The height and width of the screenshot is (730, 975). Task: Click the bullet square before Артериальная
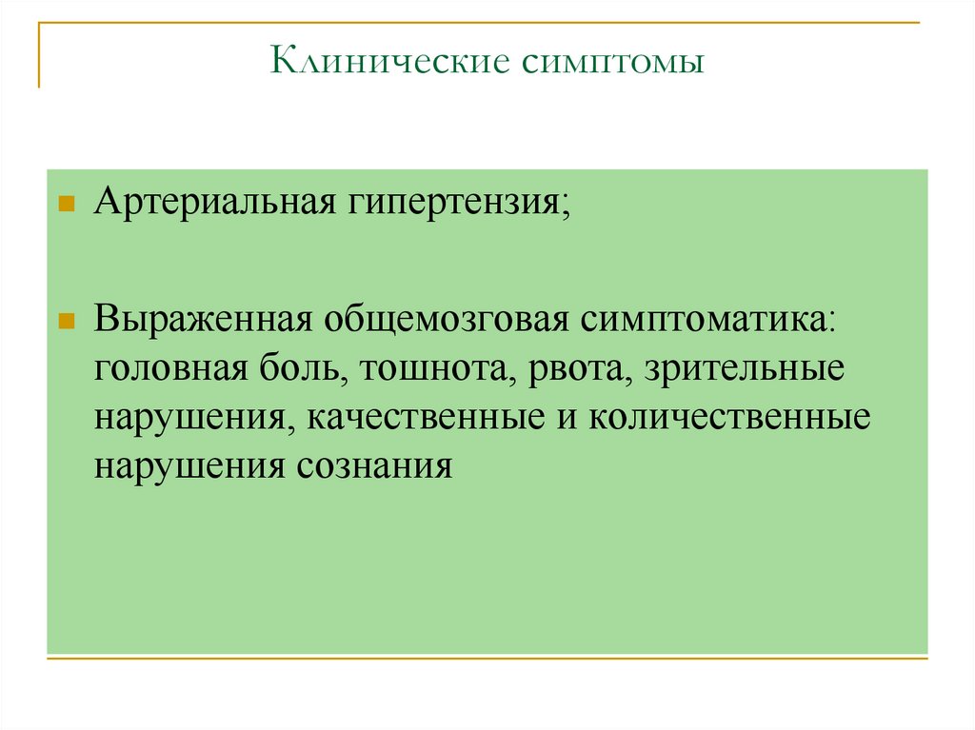67,205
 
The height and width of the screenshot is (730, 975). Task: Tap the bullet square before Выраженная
67,320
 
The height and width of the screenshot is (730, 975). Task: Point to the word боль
295,367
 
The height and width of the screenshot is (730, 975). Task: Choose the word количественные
728,418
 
